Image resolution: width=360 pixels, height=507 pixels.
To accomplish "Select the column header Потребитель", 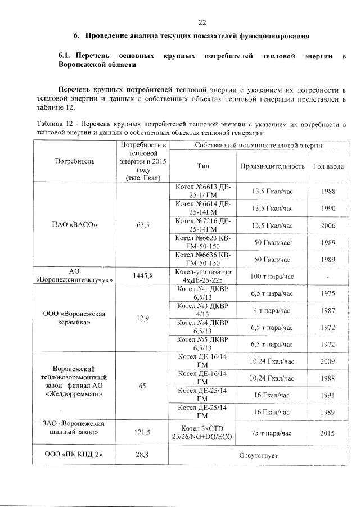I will pyautogui.click(x=75, y=161).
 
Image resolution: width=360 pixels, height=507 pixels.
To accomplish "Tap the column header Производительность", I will pyautogui.click(x=273, y=166).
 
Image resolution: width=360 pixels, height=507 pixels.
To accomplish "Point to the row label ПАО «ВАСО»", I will pyautogui.click(x=75, y=225).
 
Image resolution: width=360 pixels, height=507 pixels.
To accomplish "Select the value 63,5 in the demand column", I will pyautogui.click(x=142, y=225).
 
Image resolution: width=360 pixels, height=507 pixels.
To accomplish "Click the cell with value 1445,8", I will pyautogui.click(x=142, y=276).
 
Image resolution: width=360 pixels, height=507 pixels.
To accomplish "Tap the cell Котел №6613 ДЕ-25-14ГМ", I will pyautogui.click(x=203, y=191).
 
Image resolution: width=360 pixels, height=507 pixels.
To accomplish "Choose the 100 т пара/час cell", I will pyautogui.click(x=273, y=276).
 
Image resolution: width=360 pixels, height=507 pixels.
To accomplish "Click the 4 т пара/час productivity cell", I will pyautogui.click(x=273, y=310).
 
